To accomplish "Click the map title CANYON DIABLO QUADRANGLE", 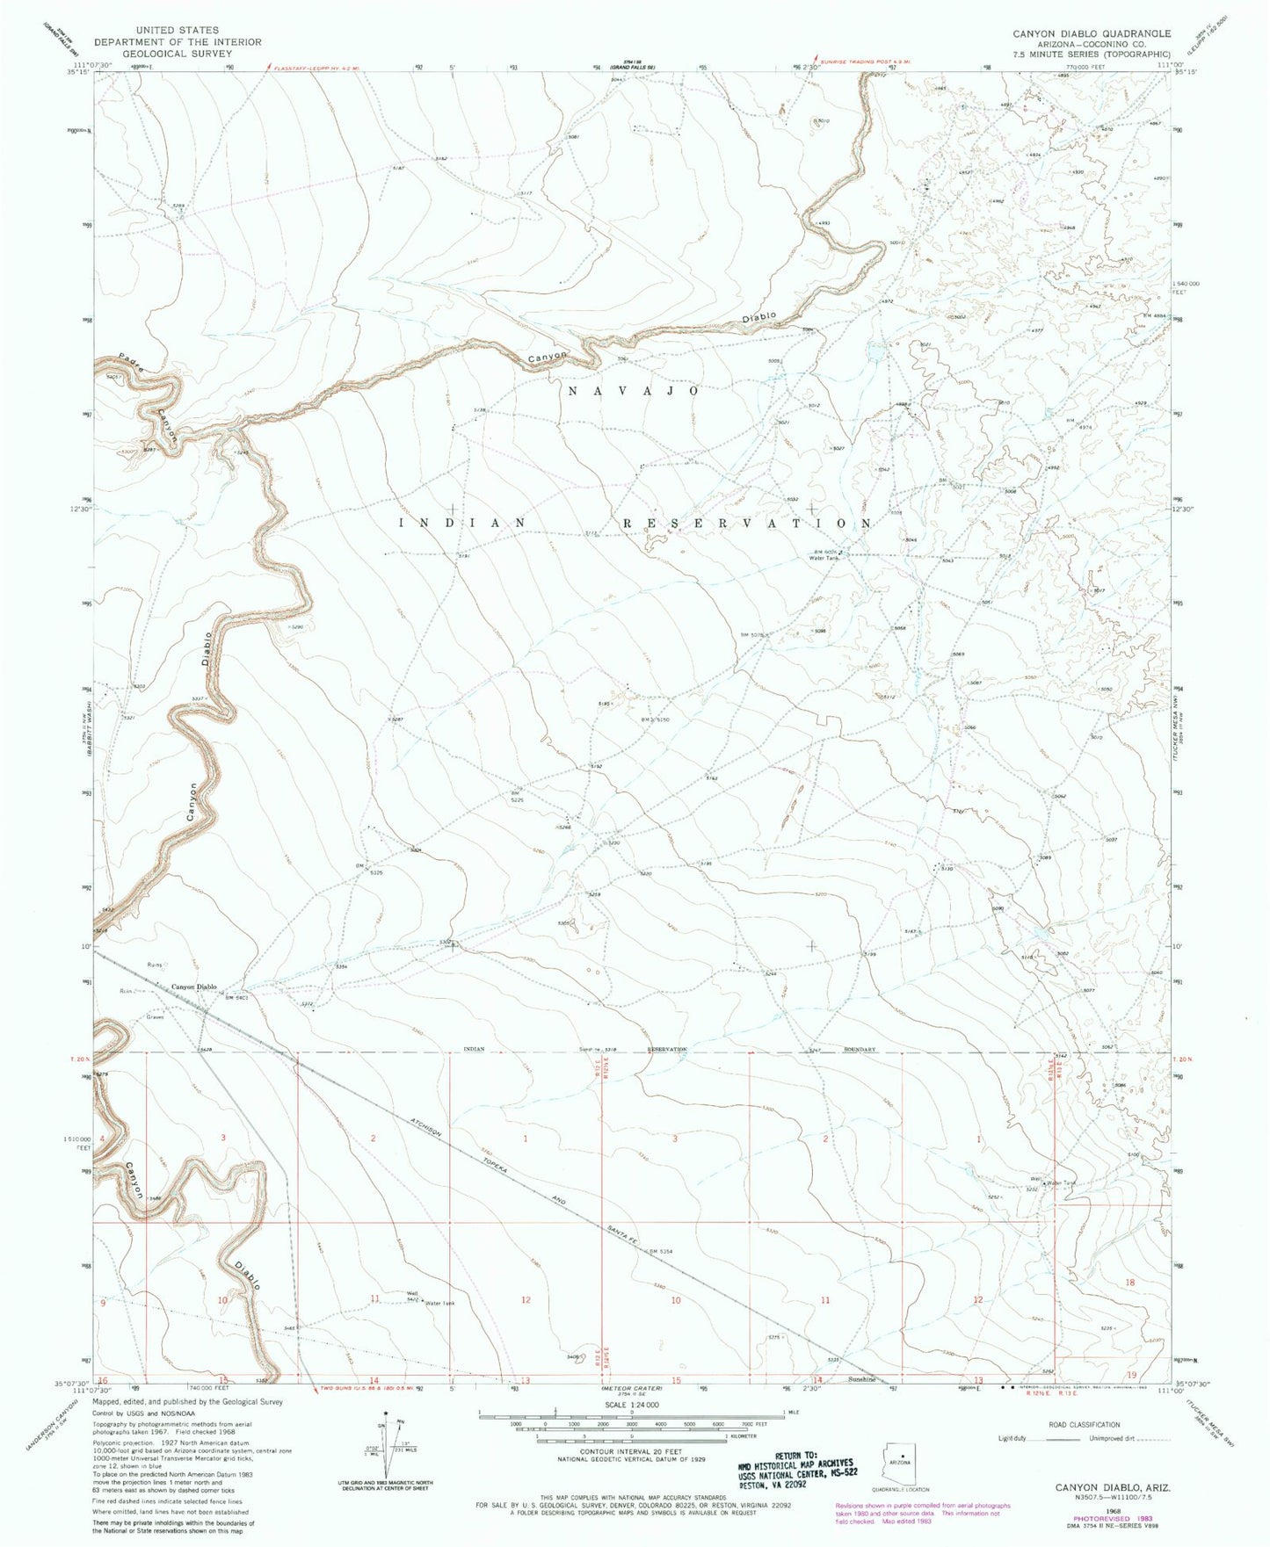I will point(1091,33).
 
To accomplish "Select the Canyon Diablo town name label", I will point(193,987).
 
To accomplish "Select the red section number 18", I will point(1130,1282).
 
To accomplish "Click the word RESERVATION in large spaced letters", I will point(747,523).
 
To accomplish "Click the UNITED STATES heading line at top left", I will point(178,30).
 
